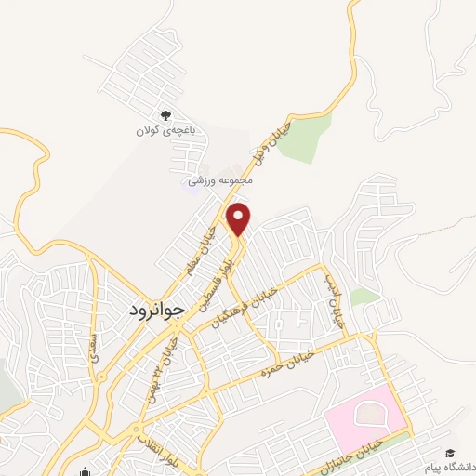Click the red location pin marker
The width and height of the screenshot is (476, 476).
click(x=240, y=218)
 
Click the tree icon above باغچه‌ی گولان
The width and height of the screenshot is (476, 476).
click(x=165, y=115)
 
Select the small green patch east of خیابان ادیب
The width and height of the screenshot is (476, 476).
click(x=365, y=297)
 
